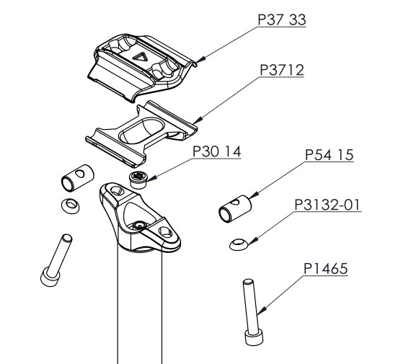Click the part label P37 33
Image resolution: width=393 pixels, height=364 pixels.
coord(282,19)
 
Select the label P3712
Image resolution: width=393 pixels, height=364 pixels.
coord(282,70)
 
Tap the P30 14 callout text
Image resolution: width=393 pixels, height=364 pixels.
coord(217,151)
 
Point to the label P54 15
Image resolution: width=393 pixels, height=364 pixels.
coord(329,155)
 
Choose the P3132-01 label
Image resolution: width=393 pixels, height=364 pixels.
coord(327,205)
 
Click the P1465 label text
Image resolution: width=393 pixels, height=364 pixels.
coord(326,269)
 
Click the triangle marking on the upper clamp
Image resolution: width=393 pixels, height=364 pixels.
coord(140,58)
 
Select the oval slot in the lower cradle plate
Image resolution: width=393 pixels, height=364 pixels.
coord(142,130)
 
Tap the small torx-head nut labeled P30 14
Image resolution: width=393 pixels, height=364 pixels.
coord(138,180)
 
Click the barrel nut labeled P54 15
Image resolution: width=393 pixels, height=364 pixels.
coord(235,209)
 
